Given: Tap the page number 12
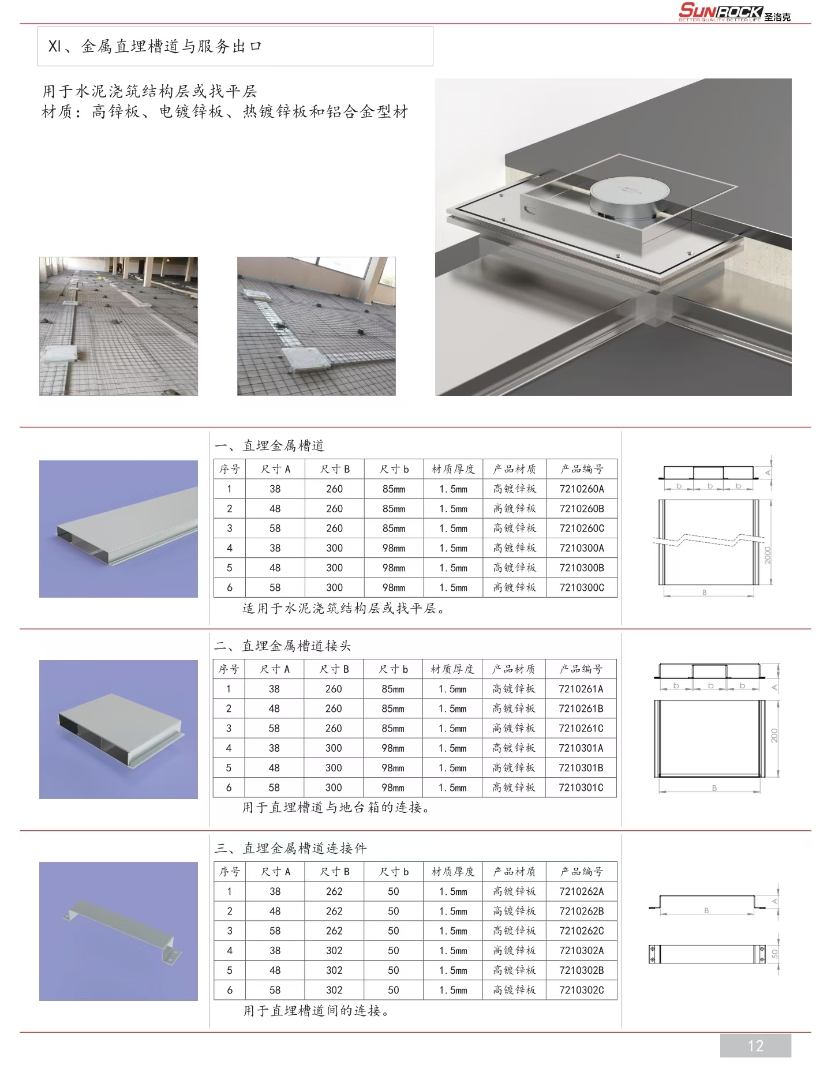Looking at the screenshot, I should (x=755, y=1045).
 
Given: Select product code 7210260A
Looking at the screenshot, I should (x=581, y=489).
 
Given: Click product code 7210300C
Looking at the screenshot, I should (x=581, y=587).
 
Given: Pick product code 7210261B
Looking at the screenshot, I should (x=581, y=708).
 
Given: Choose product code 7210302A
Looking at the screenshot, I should (x=581, y=950).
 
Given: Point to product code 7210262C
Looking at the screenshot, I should (x=581, y=931).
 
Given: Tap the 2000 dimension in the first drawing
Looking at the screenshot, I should (x=768, y=555).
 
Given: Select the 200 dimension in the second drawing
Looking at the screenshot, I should (x=774, y=736).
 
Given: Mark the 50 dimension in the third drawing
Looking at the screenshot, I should (x=775, y=954).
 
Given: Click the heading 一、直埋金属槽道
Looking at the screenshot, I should (x=269, y=445).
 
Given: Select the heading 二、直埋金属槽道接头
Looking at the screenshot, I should (x=282, y=646).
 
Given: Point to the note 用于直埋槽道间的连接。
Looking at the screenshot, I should (x=316, y=1011).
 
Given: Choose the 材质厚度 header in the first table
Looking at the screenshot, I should (x=453, y=469).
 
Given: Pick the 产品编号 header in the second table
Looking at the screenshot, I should (x=581, y=669).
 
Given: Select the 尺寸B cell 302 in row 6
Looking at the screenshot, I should (x=334, y=990).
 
